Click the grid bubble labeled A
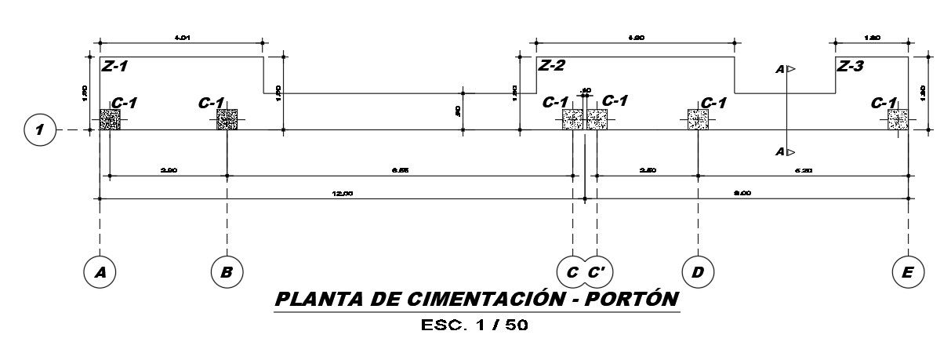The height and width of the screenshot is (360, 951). coord(100,271)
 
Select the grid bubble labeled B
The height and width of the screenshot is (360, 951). coord(227,271)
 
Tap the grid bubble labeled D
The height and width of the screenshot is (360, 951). coord(698,271)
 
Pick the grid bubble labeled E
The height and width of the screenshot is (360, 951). coord(908,271)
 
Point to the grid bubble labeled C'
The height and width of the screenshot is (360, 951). coord(597,271)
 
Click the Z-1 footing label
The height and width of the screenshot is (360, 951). coord(114,67)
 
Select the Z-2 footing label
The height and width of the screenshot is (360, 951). coord(551,66)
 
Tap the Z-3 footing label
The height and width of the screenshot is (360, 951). coord(850,66)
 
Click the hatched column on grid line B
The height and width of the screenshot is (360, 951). coord(227,119)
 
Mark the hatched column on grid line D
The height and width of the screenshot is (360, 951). coord(698,119)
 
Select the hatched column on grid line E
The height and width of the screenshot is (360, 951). coord(898,119)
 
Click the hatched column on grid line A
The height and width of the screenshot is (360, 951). coord(110,119)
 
